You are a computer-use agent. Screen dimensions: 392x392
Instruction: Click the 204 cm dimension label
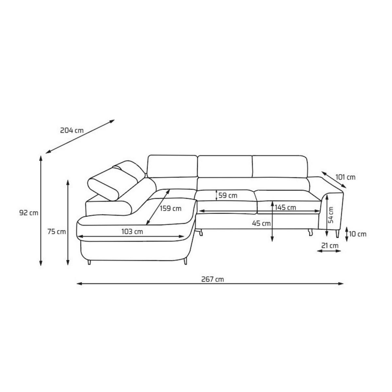tap(72, 130)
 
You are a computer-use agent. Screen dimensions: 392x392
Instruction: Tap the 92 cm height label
tap(29, 213)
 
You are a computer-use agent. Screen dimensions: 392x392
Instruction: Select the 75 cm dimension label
tap(57, 232)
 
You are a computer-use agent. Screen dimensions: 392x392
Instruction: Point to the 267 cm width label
tap(213, 279)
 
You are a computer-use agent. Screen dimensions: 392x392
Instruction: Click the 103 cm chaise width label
tap(132, 232)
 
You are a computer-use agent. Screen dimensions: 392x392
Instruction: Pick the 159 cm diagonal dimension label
tap(171, 208)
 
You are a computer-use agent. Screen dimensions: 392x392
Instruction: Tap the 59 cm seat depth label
tap(228, 195)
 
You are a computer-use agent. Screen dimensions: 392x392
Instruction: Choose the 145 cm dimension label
tap(285, 207)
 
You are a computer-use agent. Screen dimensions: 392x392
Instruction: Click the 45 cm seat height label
tap(261, 223)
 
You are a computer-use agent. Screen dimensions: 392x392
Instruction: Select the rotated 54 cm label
tap(331, 215)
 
